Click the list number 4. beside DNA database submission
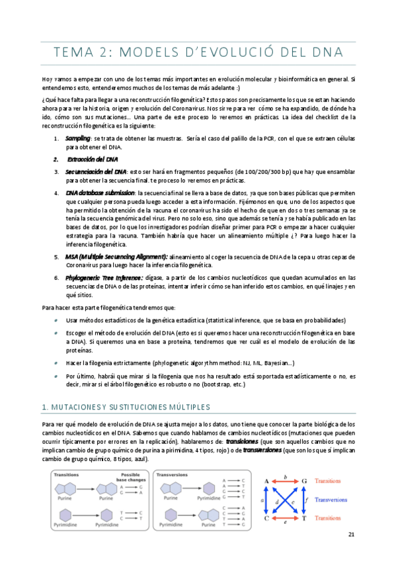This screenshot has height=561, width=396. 57,193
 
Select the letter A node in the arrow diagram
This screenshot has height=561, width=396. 266,462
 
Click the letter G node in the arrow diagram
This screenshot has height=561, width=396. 304,462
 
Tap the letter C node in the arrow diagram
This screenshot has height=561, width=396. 266,499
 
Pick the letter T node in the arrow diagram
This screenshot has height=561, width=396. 304,499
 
